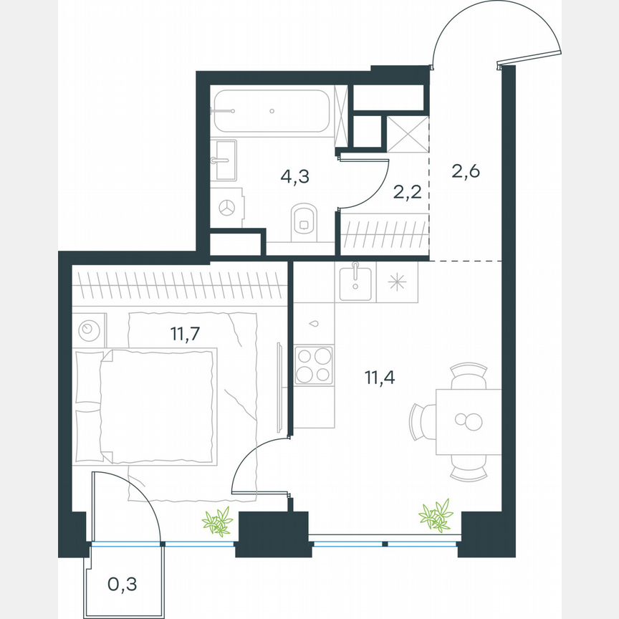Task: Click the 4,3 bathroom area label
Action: point(294,176)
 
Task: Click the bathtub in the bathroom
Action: point(272,110)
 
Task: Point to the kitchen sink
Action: point(354,282)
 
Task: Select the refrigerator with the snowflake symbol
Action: point(396,282)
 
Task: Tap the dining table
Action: point(470,422)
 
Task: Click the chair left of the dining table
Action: point(423,423)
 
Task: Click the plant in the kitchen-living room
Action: point(436,514)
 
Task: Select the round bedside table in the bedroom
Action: point(89,329)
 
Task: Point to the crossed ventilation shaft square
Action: point(407,133)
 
